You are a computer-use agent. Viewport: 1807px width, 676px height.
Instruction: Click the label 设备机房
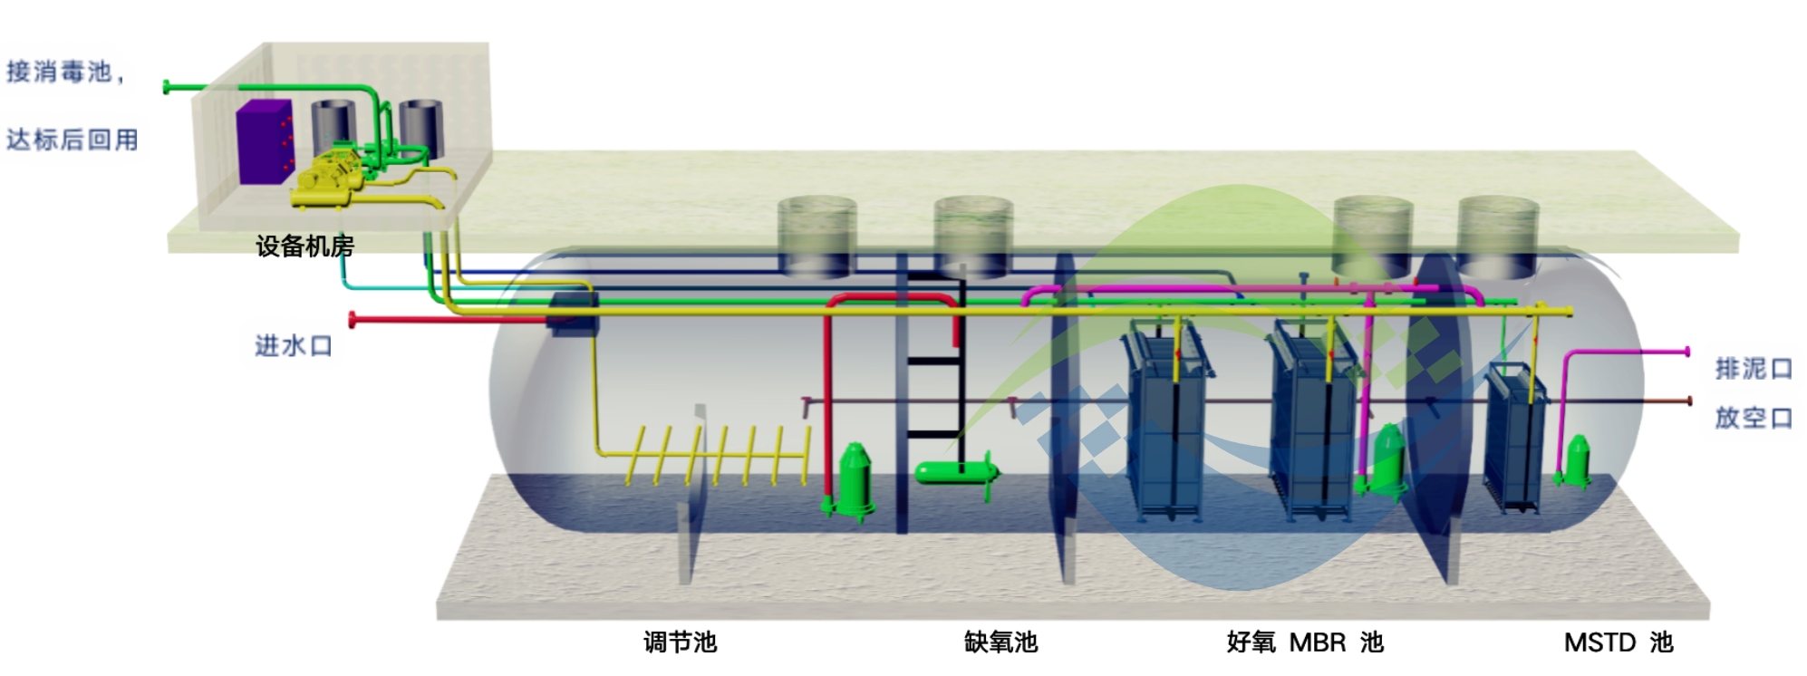point(304,246)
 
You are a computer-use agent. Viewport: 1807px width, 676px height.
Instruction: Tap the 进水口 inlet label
point(293,345)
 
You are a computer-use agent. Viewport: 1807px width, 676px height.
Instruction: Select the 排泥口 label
point(1754,368)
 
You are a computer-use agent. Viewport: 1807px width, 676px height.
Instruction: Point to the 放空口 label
point(1754,417)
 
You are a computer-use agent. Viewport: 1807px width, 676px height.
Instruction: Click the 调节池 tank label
point(680,642)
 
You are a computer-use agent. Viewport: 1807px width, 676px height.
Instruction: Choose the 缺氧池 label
point(1000,642)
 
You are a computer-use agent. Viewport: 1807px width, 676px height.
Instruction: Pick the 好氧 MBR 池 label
point(1304,642)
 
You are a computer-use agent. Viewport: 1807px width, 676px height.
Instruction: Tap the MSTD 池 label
point(1618,642)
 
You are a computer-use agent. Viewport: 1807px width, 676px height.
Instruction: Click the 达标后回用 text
point(72,140)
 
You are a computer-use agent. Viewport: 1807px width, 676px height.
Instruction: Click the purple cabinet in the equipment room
point(264,143)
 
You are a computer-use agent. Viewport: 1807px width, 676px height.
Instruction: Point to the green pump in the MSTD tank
point(1578,461)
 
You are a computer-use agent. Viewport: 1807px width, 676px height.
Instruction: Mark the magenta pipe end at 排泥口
point(1686,351)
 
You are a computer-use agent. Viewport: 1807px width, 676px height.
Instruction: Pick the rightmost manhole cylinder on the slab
point(1497,237)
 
